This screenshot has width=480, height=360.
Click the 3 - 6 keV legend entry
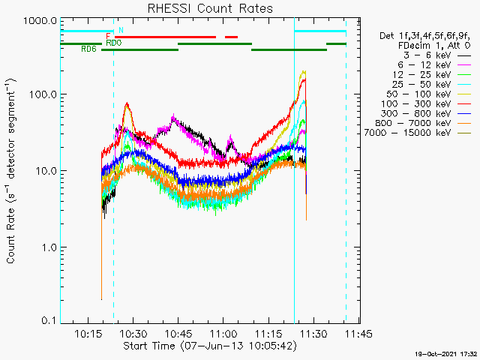(425, 55)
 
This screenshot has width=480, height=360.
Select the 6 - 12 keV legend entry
(425, 65)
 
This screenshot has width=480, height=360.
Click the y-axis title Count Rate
(12, 171)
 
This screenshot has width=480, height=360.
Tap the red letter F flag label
(109, 36)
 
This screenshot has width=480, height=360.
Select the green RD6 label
(88, 49)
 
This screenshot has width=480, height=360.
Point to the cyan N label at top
(121, 30)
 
